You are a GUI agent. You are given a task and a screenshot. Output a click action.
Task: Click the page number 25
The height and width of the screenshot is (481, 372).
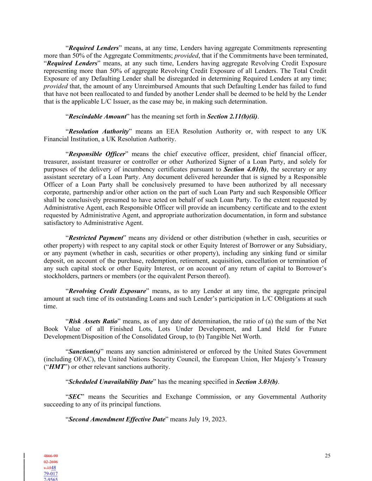(328, 456)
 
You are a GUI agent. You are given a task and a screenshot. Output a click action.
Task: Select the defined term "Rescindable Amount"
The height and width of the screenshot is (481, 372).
(97, 116)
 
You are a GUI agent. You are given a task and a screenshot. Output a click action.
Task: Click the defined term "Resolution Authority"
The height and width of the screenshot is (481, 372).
(99, 131)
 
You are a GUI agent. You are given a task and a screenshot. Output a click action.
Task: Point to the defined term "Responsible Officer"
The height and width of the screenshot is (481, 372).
(97, 154)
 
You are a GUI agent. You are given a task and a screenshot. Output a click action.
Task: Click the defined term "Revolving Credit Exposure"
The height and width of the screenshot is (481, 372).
(107, 291)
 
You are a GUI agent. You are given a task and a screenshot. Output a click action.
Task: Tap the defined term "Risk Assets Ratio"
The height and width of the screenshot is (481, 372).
(93, 321)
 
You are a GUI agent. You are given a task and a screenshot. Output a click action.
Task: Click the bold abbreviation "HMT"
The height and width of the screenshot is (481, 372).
(56, 367)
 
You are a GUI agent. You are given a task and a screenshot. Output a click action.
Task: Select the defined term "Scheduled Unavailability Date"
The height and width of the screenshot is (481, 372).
(111, 382)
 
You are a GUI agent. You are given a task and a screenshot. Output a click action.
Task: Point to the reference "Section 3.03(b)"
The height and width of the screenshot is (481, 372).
(257, 382)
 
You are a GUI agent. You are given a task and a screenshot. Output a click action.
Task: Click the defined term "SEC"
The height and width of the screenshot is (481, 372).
(75, 397)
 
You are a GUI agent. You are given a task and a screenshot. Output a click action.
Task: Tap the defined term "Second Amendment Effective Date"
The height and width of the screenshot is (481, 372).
(117, 419)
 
